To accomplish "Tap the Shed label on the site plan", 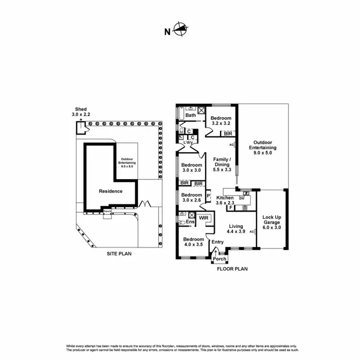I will (81, 109).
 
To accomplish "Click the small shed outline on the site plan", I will (80, 127).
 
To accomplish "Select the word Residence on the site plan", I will (110, 191).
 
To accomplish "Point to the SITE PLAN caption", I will (119, 253).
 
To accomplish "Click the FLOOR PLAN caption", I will (232, 269).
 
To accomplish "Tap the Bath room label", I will (191, 115).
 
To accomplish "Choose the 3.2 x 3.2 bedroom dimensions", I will (221, 124).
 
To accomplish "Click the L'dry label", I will (188, 143).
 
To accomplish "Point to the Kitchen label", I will (225, 198).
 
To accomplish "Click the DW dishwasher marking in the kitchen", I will (242, 198).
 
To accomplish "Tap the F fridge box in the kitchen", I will (231, 208).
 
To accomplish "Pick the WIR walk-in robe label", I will (204, 218).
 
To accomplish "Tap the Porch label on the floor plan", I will (219, 259).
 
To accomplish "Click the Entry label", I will (217, 242).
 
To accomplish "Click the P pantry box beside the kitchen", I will (208, 196).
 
